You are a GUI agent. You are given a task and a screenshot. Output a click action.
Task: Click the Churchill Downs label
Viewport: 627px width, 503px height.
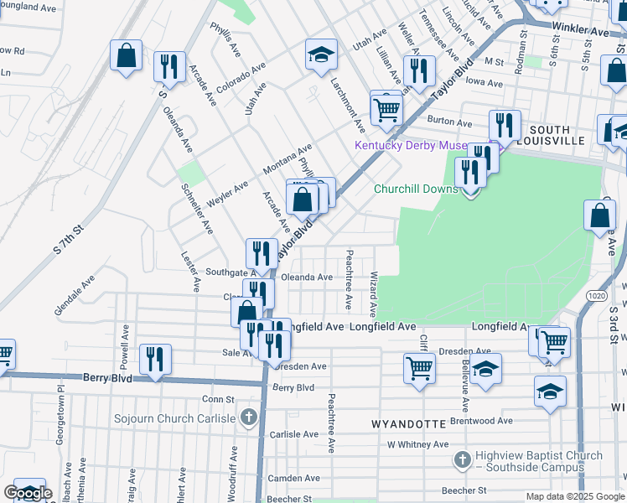click(x=416, y=189)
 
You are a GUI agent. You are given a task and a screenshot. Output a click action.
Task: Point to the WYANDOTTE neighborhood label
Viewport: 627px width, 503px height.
click(x=409, y=425)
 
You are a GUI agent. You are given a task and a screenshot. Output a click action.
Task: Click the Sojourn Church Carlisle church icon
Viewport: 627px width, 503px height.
click(x=247, y=417)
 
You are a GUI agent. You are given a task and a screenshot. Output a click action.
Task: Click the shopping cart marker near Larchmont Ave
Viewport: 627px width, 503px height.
click(x=386, y=108)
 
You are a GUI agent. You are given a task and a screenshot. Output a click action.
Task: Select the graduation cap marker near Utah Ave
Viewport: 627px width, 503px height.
click(x=321, y=55)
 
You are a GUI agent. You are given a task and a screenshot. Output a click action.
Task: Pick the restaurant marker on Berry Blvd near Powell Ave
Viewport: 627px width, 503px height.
click(x=155, y=360)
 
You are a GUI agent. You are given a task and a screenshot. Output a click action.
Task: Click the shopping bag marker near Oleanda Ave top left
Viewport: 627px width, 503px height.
click(x=126, y=56)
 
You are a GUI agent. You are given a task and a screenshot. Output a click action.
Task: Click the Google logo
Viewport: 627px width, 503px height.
click(x=28, y=493)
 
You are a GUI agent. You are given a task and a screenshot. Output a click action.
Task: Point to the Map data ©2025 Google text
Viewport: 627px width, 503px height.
click(x=575, y=496)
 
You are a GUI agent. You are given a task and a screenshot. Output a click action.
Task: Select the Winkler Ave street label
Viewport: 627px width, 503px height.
click(x=580, y=30)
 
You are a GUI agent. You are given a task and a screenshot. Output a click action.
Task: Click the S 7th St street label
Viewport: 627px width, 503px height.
click(x=69, y=239)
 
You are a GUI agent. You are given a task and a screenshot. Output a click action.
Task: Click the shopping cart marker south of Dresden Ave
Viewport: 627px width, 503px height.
click(x=418, y=367)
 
